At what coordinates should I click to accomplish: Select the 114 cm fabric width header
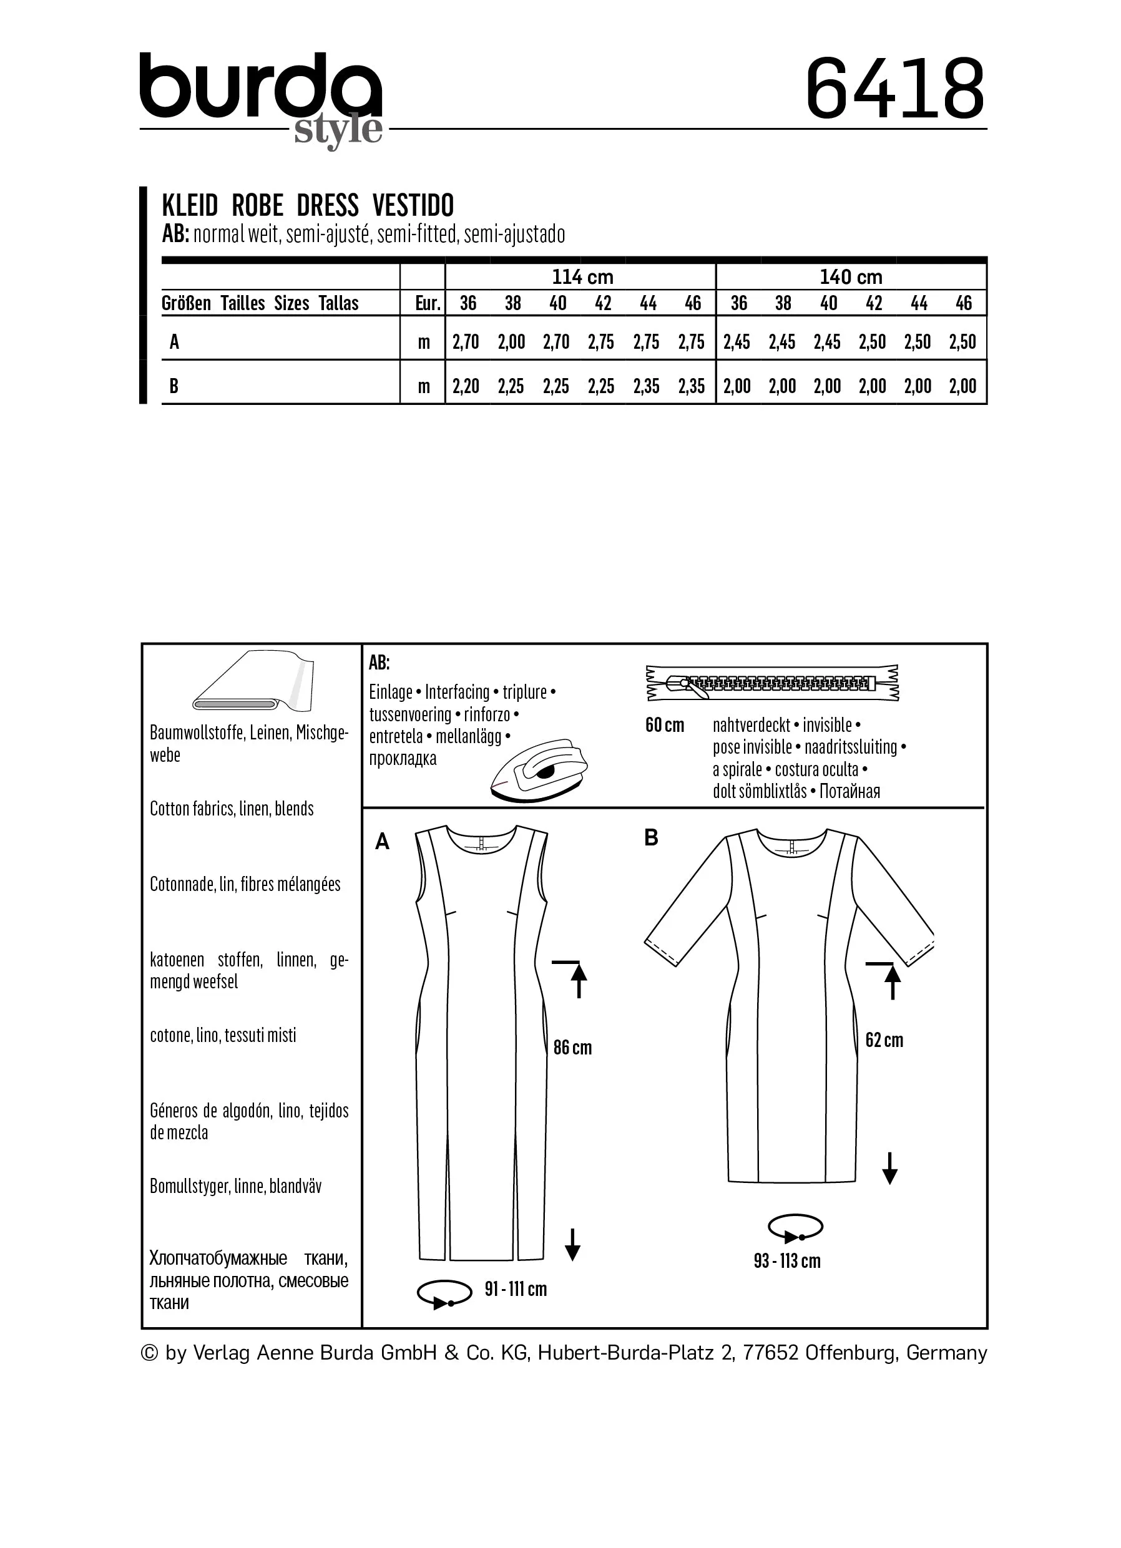click(582, 277)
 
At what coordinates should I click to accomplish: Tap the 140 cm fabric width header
click(851, 277)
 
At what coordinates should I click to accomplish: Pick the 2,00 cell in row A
click(511, 342)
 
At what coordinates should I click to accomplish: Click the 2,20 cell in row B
click(466, 386)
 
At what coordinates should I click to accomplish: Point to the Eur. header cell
click(428, 303)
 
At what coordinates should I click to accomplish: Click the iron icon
click(539, 770)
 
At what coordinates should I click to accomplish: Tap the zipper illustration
click(772, 683)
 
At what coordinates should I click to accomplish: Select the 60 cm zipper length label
click(664, 726)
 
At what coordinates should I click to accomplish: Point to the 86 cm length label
click(572, 1048)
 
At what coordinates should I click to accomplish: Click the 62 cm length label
click(884, 1040)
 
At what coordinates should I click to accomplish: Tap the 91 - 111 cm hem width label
click(516, 1289)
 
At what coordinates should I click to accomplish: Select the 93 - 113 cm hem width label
click(787, 1262)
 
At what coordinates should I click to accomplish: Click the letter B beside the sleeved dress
click(650, 838)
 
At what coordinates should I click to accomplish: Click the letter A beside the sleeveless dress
click(383, 842)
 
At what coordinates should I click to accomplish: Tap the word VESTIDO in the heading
click(414, 205)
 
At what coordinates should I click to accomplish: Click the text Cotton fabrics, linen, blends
click(232, 809)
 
